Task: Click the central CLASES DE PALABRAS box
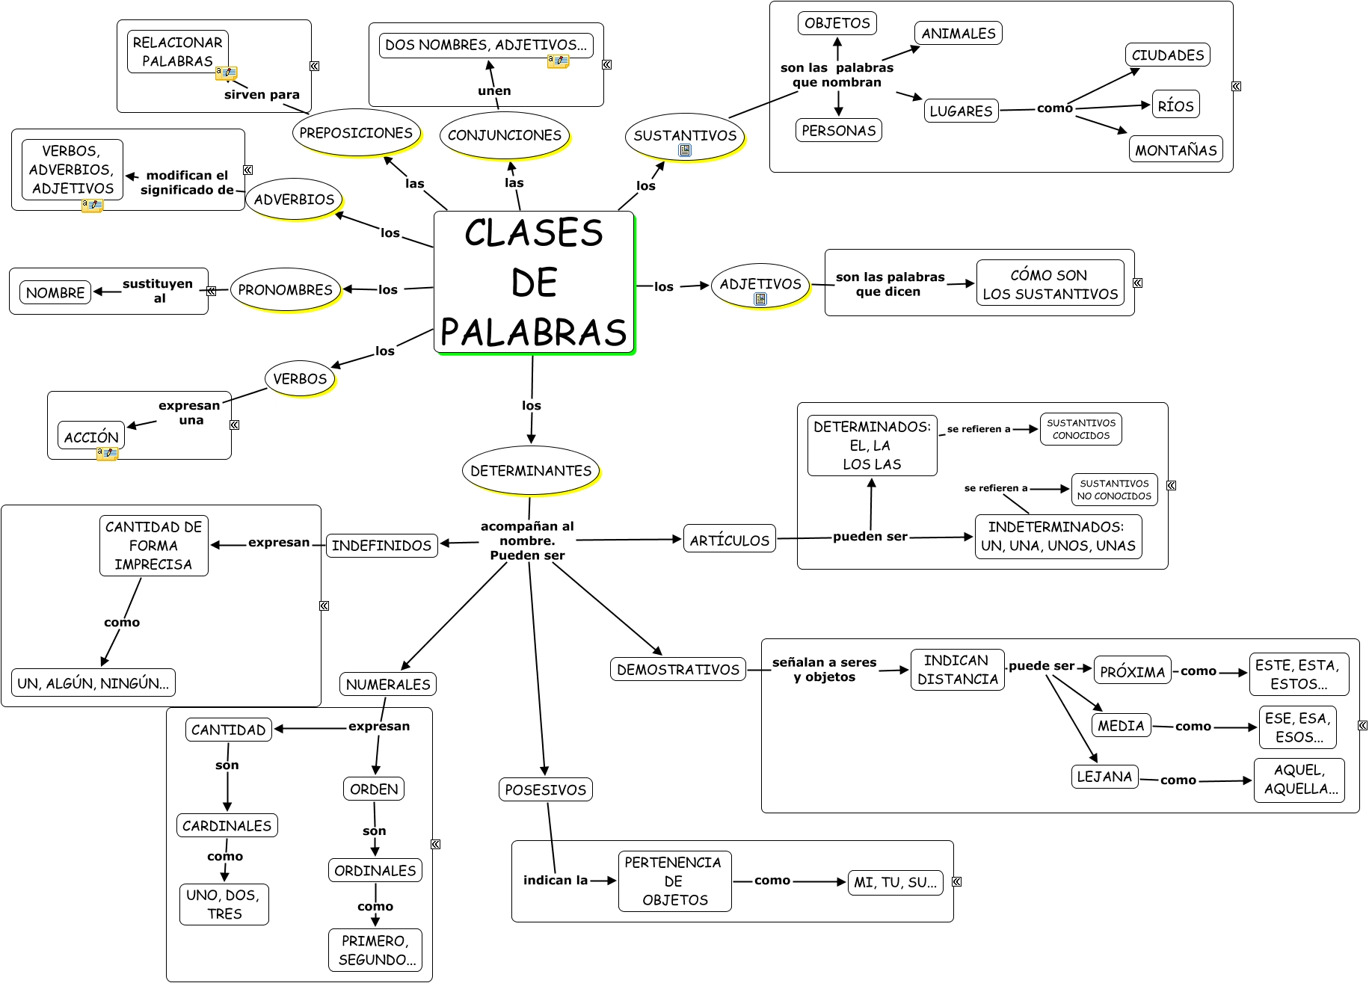534,283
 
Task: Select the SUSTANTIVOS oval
685,135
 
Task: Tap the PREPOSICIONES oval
356,133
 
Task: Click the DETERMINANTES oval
531,471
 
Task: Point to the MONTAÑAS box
1175,150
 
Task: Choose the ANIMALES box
958,33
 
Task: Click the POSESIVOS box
545,789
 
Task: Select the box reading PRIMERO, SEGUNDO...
375,949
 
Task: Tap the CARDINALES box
227,825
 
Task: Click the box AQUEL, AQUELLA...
1299,780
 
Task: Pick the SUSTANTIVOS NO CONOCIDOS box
1114,490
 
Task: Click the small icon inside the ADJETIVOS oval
760,299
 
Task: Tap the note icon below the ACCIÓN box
107,453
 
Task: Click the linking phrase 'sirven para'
262,94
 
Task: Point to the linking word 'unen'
494,90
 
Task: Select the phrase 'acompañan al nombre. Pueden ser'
527,540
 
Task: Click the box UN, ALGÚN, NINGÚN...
93,682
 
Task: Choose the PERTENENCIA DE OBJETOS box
674,881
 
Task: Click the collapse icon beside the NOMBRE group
212,291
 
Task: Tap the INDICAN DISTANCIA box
957,669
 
